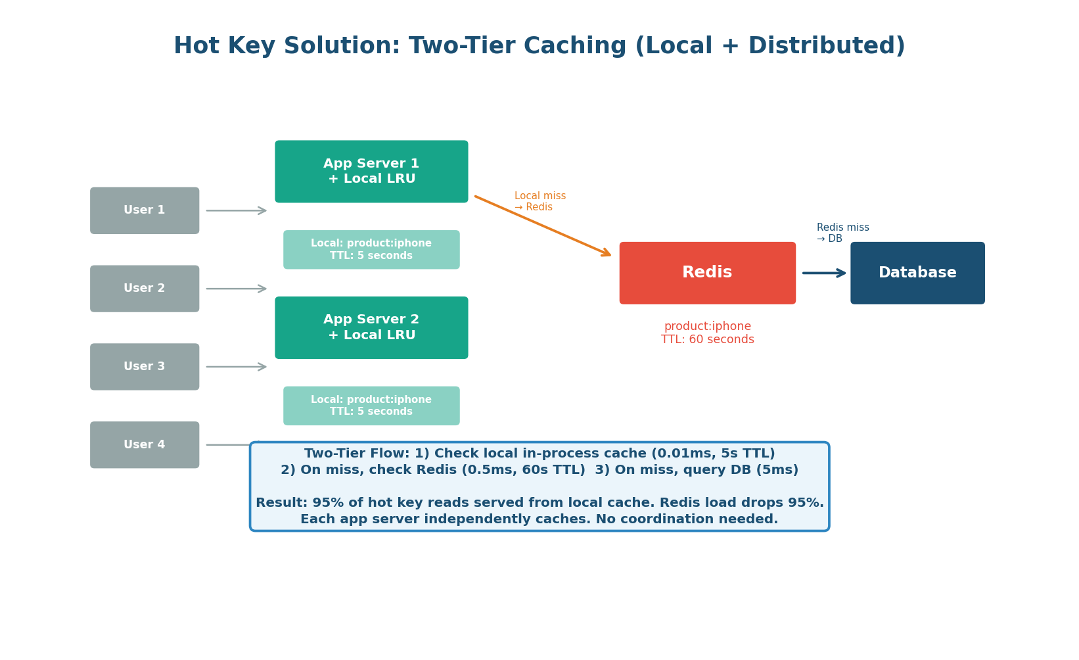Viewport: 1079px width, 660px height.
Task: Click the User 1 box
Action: [145, 210]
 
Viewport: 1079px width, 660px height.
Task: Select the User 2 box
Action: [145, 289]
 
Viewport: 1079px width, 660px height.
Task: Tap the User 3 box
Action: [145, 367]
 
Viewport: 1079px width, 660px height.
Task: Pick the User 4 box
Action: [145, 445]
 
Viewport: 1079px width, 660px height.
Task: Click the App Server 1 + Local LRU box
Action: [371, 172]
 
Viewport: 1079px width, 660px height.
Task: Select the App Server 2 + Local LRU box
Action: [371, 327]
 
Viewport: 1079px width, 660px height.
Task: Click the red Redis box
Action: [707, 273]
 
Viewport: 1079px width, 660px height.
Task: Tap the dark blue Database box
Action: [917, 273]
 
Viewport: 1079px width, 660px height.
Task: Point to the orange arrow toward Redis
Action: [543, 225]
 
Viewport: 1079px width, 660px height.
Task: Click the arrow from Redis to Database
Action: [824, 273]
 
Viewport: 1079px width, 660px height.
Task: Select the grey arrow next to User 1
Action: [236, 210]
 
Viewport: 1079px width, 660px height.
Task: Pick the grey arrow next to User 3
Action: [236, 367]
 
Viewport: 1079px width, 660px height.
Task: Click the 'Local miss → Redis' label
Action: [539, 202]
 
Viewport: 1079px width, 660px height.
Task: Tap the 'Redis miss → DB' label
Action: [842, 233]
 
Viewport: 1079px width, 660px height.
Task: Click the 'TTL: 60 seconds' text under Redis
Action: [707, 340]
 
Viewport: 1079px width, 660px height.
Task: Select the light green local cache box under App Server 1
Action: [371, 250]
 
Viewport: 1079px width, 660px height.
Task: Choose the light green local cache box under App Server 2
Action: [371, 406]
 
